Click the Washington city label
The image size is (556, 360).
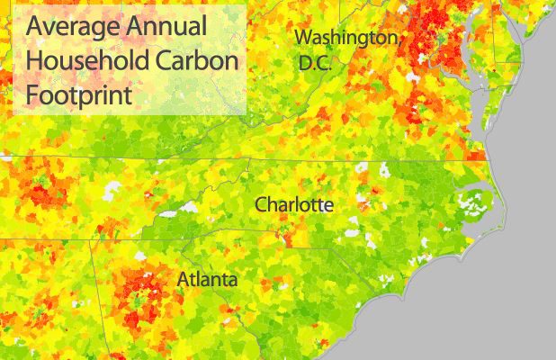pos(347,39)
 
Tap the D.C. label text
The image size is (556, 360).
pos(316,64)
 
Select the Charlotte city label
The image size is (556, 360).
pos(294,205)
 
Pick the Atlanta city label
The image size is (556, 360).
pos(207,279)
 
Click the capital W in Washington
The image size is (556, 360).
pos(305,38)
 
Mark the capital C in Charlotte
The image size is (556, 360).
pos(262,205)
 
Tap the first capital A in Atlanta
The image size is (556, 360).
pos(183,279)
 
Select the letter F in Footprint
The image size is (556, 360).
pos(31,94)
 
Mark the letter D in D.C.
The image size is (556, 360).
pos(305,64)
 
